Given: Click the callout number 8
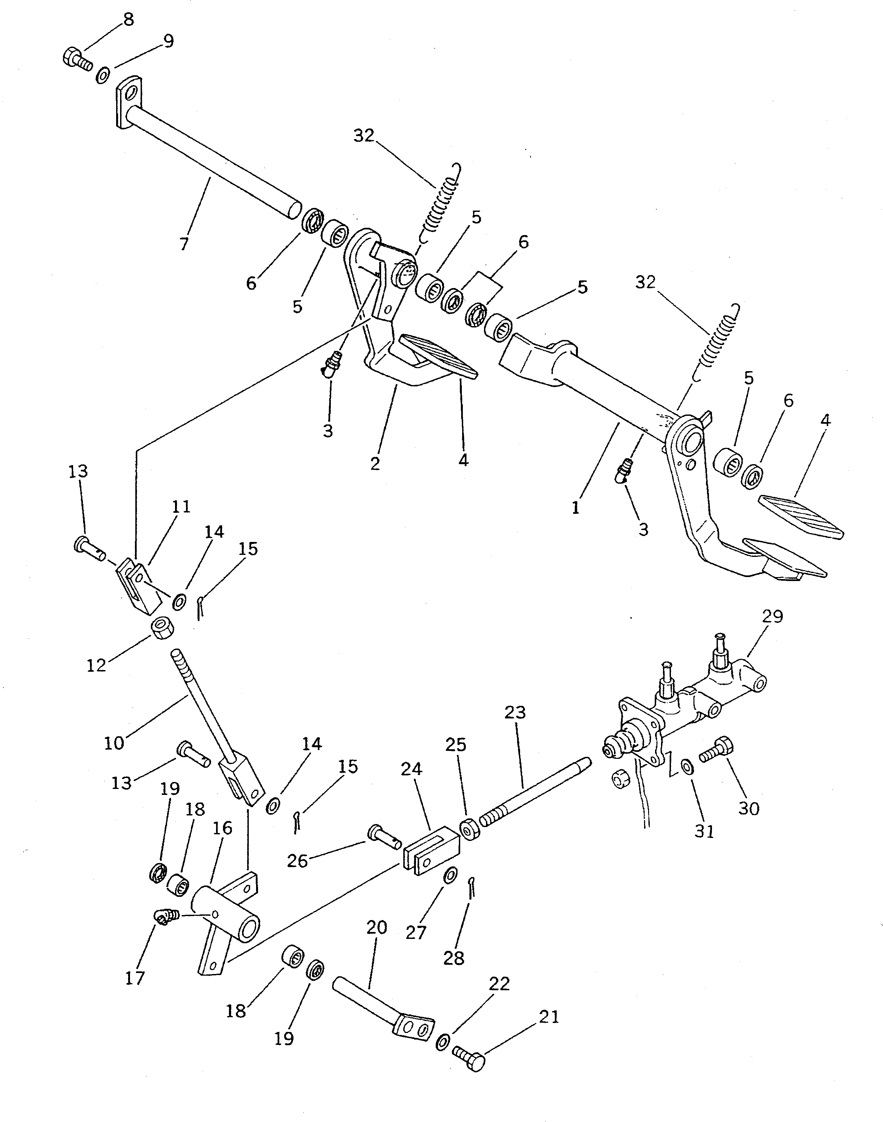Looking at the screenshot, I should click(x=128, y=20).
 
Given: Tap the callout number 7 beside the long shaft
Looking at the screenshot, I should click(x=184, y=243).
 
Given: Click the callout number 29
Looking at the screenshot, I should click(x=773, y=616).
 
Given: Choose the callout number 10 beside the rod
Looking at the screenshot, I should click(x=114, y=743).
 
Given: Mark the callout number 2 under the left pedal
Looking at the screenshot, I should click(x=375, y=463).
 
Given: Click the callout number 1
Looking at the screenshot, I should click(x=576, y=508).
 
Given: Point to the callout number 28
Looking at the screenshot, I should click(x=454, y=958).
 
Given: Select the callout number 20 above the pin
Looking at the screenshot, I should click(x=376, y=928).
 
